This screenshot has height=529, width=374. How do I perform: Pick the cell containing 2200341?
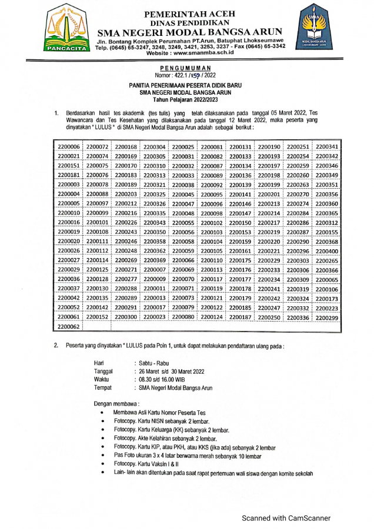click(x=327, y=146)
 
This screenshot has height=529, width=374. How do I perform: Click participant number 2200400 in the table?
click(x=327, y=250)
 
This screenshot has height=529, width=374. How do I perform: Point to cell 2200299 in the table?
click(x=327, y=317)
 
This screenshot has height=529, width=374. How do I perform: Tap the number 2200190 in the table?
click(x=269, y=146)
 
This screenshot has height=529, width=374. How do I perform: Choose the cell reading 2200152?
click(x=98, y=317)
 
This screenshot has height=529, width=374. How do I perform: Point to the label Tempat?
click(x=103, y=388)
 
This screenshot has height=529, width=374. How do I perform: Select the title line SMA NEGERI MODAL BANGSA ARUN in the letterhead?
click(x=189, y=32)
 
